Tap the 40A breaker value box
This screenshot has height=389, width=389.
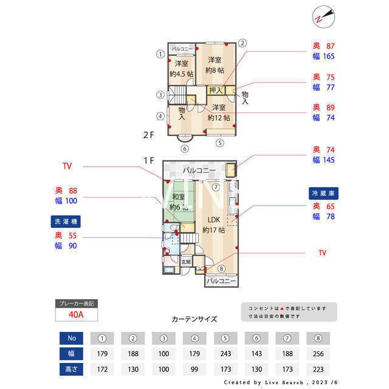[77, 315]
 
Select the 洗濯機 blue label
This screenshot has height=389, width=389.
[66, 221]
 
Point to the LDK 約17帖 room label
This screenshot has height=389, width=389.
[213, 224]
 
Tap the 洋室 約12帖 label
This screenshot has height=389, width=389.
[219, 112]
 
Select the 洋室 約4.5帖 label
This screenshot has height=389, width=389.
[181, 69]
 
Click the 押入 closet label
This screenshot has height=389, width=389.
[216, 91]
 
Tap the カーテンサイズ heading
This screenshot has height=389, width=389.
[194, 318]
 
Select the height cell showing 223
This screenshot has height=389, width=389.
[318, 370]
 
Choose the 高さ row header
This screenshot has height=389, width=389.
[72, 370]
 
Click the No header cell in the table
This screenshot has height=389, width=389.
[72, 338]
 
